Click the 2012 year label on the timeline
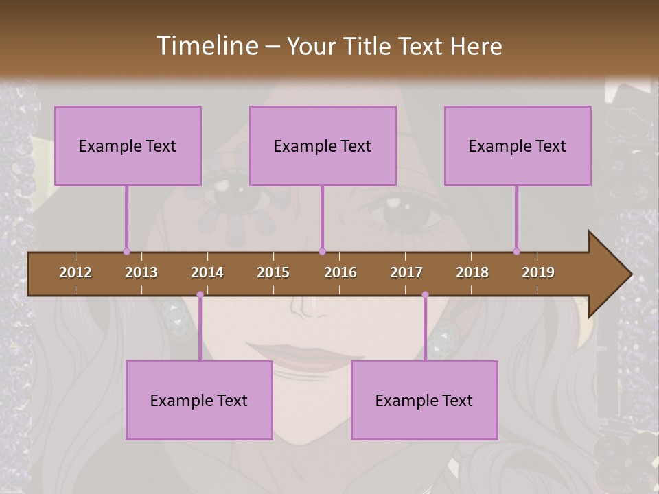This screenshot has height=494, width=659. [x=76, y=272]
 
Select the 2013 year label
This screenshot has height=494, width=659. [x=141, y=272]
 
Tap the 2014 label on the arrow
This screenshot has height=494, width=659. [x=207, y=272]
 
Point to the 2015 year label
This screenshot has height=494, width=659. [x=273, y=272]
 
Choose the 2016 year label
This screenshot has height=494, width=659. [x=340, y=272]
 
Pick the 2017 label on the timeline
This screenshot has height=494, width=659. [x=406, y=272]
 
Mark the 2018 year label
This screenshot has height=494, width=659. [x=472, y=272]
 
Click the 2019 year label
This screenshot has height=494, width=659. [x=538, y=272]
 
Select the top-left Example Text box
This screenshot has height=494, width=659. [x=128, y=145]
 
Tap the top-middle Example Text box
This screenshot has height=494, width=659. [x=323, y=145]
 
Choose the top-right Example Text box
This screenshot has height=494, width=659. [x=518, y=145]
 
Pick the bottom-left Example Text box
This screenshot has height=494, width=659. [x=199, y=400]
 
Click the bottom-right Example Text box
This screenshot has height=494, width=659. [x=424, y=400]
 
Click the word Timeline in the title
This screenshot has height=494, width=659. [x=206, y=46]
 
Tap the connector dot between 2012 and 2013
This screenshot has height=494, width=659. [x=126, y=251]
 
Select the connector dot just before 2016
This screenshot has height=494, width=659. [x=322, y=251]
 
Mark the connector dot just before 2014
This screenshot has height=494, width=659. [x=200, y=294]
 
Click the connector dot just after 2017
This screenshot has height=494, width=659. [x=425, y=294]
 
